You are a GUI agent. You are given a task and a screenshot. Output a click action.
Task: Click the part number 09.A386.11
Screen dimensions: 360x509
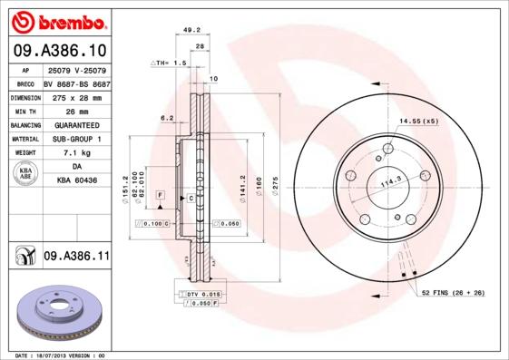pyautogui.click(x=76, y=258)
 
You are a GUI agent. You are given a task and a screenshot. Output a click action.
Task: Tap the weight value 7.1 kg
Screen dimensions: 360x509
pyautogui.click(x=77, y=153)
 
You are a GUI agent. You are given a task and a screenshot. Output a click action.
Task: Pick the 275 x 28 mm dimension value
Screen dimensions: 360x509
pyautogui.click(x=77, y=96)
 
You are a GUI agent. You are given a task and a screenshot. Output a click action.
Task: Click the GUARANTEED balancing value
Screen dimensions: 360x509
pyautogui.click(x=77, y=125)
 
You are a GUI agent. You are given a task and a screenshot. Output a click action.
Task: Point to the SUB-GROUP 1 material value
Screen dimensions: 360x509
pyautogui.click(x=77, y=139)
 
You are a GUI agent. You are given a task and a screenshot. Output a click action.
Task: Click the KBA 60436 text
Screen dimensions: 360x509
pyautogui.click(x=77, y=181)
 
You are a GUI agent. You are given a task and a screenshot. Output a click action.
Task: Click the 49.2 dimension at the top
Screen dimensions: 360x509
pyautogui.click(x=191, y=29)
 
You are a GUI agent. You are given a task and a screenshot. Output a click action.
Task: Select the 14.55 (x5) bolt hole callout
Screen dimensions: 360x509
pyautogui.click(x=418, y=121)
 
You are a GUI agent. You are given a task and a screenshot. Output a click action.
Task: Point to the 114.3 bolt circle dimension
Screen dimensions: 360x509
pyautogui.click(x=390, y=180)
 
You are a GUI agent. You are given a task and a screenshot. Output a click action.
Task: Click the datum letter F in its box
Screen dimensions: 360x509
pyautogui.click(x=160, y=195)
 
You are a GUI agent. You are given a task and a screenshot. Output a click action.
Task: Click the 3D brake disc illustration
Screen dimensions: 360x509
pyautogui.click(x=60, y=310)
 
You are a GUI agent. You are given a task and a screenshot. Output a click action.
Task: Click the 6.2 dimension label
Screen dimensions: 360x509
pyautogui.click(x=167, y=118)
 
